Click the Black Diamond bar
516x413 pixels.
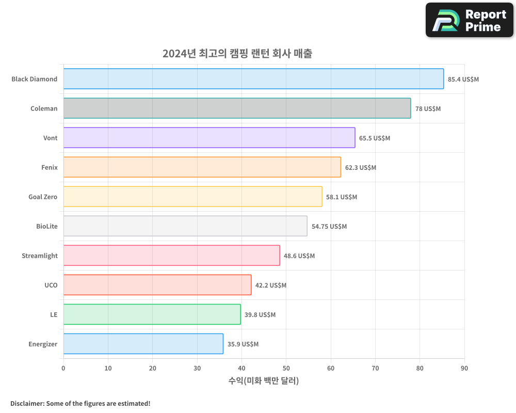[x=253, y=79]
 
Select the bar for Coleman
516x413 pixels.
[x=237, y=108]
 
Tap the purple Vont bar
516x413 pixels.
[x=209, y=138]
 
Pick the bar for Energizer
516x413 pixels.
[x=143, y=344]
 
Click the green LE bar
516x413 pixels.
[x=152, y=314]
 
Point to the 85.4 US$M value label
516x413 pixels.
[x=463, y=80]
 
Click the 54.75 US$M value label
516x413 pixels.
[x=329, y=227]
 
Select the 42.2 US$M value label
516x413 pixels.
[x=271, y=285]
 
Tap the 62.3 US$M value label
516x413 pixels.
[x=361, y=168]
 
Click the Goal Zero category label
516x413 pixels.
[x=43, y=197]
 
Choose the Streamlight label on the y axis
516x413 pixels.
[x=40, y=256]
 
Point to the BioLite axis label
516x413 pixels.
[x=47, y=226]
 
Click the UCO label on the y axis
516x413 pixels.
[x=51, y=285]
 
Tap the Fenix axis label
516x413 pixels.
[x=50, y=167]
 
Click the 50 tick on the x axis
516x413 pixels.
[x=286, y=368]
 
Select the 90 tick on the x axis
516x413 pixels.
[x=464, y=368]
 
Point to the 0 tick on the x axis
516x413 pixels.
[x=63, y=368]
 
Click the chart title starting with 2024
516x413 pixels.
[x=237, y=54]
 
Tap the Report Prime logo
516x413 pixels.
[x=470, y=20]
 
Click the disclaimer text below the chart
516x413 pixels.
[x=80, y=403]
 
